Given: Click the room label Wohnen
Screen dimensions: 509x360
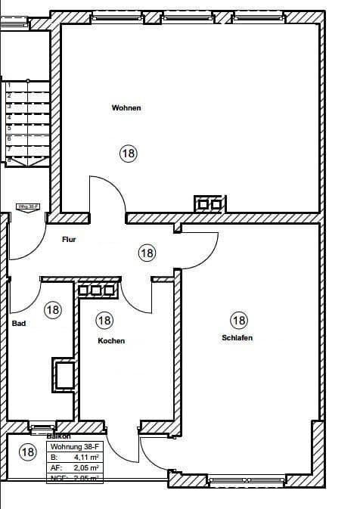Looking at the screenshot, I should (126, 108).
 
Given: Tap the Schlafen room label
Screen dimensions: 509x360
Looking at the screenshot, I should (237, 337).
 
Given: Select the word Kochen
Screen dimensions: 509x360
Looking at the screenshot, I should (111, 341).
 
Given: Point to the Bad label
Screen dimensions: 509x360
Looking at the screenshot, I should (19, 324).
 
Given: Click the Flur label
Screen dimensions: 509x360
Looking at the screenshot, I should (70, 240).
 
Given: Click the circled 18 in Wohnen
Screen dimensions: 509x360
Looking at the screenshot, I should (128, 154).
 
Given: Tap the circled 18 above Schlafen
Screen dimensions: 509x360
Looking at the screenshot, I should (239, 321).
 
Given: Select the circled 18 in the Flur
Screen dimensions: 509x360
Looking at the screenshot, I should (147, 253).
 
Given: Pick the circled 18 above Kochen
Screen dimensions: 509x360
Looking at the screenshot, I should (104, 321).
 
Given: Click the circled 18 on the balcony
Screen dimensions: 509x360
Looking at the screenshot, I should (27, 453).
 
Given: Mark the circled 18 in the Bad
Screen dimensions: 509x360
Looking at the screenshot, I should (52, 309).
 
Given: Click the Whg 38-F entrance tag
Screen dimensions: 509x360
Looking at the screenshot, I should (29, 206).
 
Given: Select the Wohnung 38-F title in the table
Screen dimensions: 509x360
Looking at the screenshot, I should (74, 447).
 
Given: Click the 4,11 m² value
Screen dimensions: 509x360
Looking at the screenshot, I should (85, 458).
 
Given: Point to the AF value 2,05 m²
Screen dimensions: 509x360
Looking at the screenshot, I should (85, 468).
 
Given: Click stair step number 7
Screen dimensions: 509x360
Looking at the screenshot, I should (8, 150).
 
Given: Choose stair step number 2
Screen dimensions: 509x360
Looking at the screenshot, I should (8, 96).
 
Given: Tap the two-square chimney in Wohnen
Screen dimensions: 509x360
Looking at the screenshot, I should (209, 203).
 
